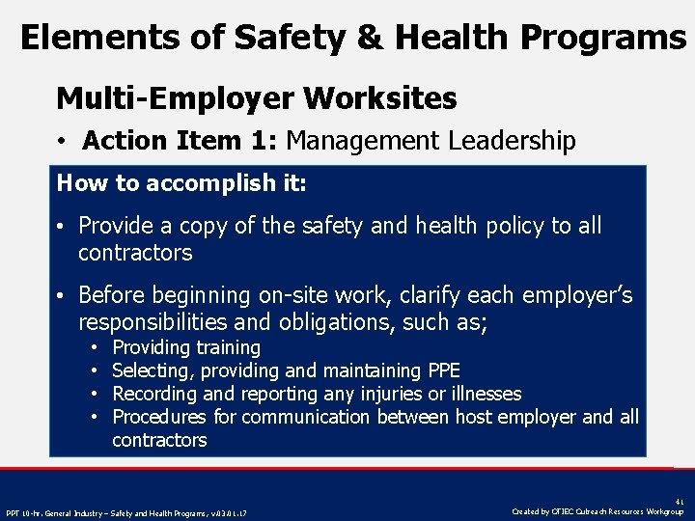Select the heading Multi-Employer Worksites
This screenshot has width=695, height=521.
(x=257, y=97)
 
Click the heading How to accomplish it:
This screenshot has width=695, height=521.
(x=181, y=182)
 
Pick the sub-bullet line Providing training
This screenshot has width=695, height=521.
(x=186, y=347)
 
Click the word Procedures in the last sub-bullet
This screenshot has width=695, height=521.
(x=159, y=417)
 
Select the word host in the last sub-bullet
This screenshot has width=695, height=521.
(x=439, y=417)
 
